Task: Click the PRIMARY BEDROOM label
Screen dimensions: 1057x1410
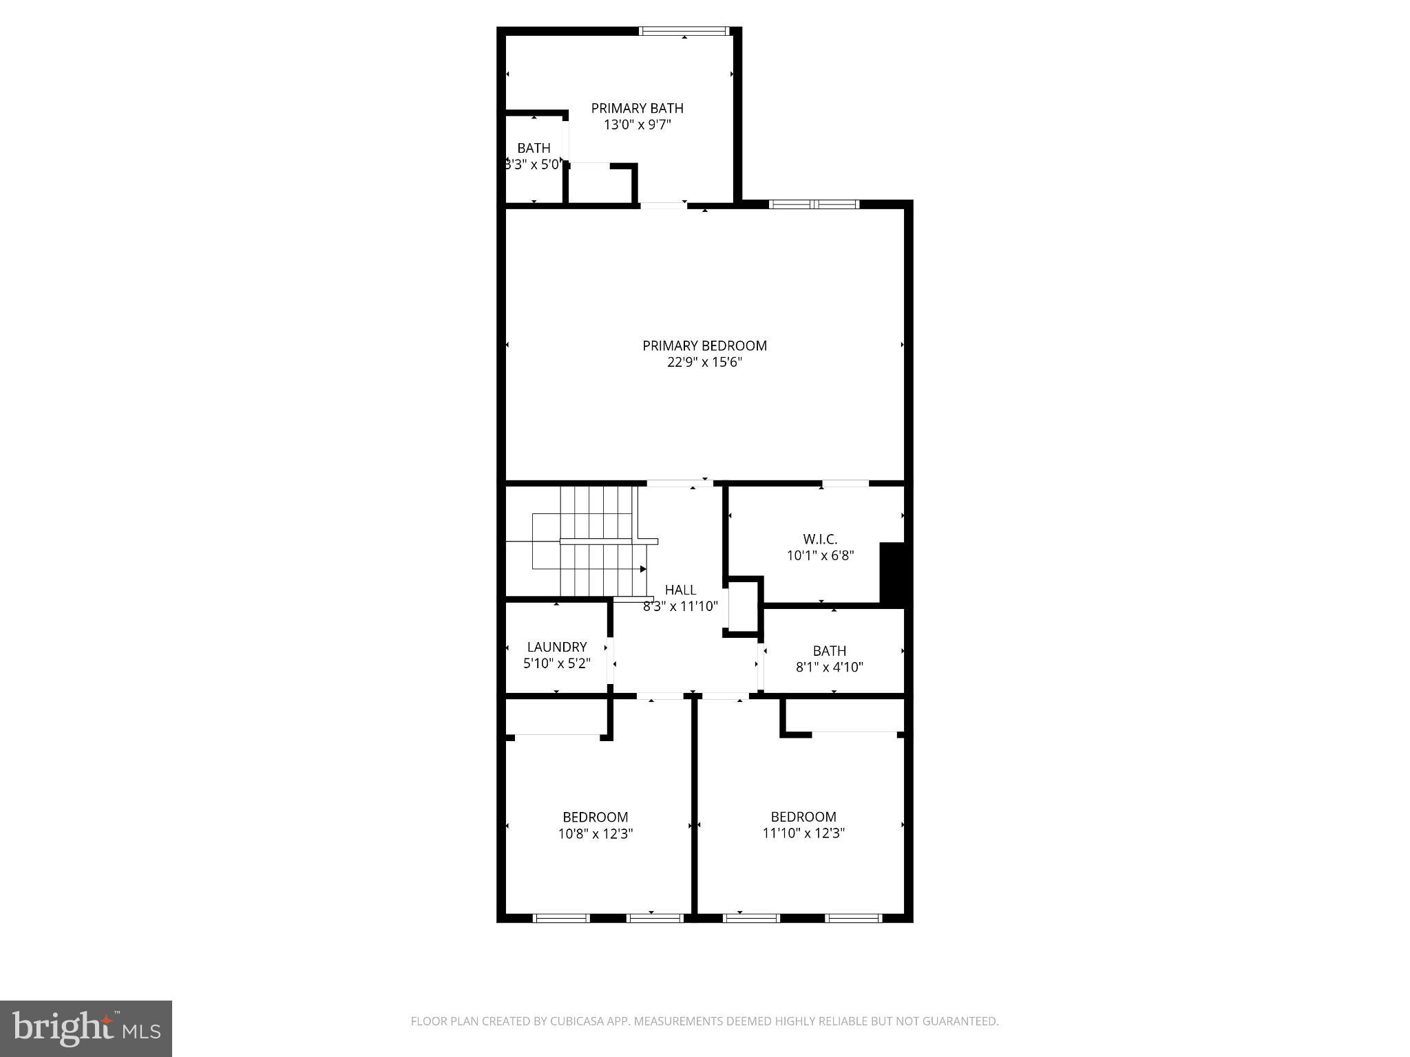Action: pyautogui.click(x=704, y=345)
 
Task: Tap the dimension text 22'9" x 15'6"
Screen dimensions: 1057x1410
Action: pyautogui.click(x=704, y=363)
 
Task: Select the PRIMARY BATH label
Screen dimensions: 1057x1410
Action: pyautogui.click(x=637, y=108)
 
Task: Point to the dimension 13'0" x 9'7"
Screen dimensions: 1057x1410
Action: pyautogui.click(x=637, y=125)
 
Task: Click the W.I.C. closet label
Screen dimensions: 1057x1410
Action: pyautogui.click(x=820, y=539)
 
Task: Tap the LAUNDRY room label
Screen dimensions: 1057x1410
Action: pyautogui.click(x=556, y=647)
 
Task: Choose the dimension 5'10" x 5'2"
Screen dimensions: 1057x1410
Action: pyautogui.click(x=556, y=664)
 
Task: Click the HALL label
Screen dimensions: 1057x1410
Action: pyautogui.click(x=680, y=590)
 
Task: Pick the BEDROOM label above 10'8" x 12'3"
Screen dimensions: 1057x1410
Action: pyautogui.click(x=595, y=817)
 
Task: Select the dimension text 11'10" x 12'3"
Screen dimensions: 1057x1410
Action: pyautogui.click(x=803, y=833)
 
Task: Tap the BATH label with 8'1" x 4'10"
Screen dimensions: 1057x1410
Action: pyautogui.click(x=829, y=650)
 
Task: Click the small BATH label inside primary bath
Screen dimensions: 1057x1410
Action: pyautogui.click(x=534, y=148)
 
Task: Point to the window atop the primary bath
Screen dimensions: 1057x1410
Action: pyautogui.click(x=683, y=31)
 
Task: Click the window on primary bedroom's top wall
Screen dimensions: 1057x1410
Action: pyautogui.click(x=814, y=204)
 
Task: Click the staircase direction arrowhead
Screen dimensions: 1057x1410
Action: pyautogui.click(x=643, y=569)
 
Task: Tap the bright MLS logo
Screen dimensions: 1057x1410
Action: pyautogui.click(x=86, y=1028)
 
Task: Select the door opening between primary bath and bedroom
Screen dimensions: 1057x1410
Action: pyautogui.click(x=663, y=205)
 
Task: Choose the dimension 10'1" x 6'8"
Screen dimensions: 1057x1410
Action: pyautogui.click(x=820, y=556)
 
